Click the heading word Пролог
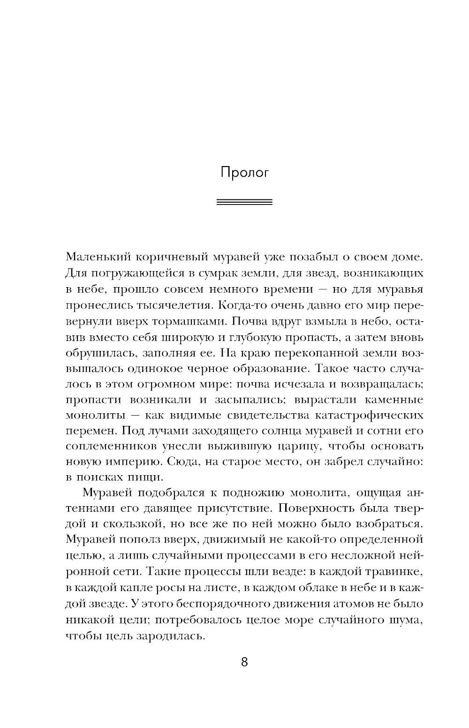tap(244, 173)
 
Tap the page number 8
tap(244, 662)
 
